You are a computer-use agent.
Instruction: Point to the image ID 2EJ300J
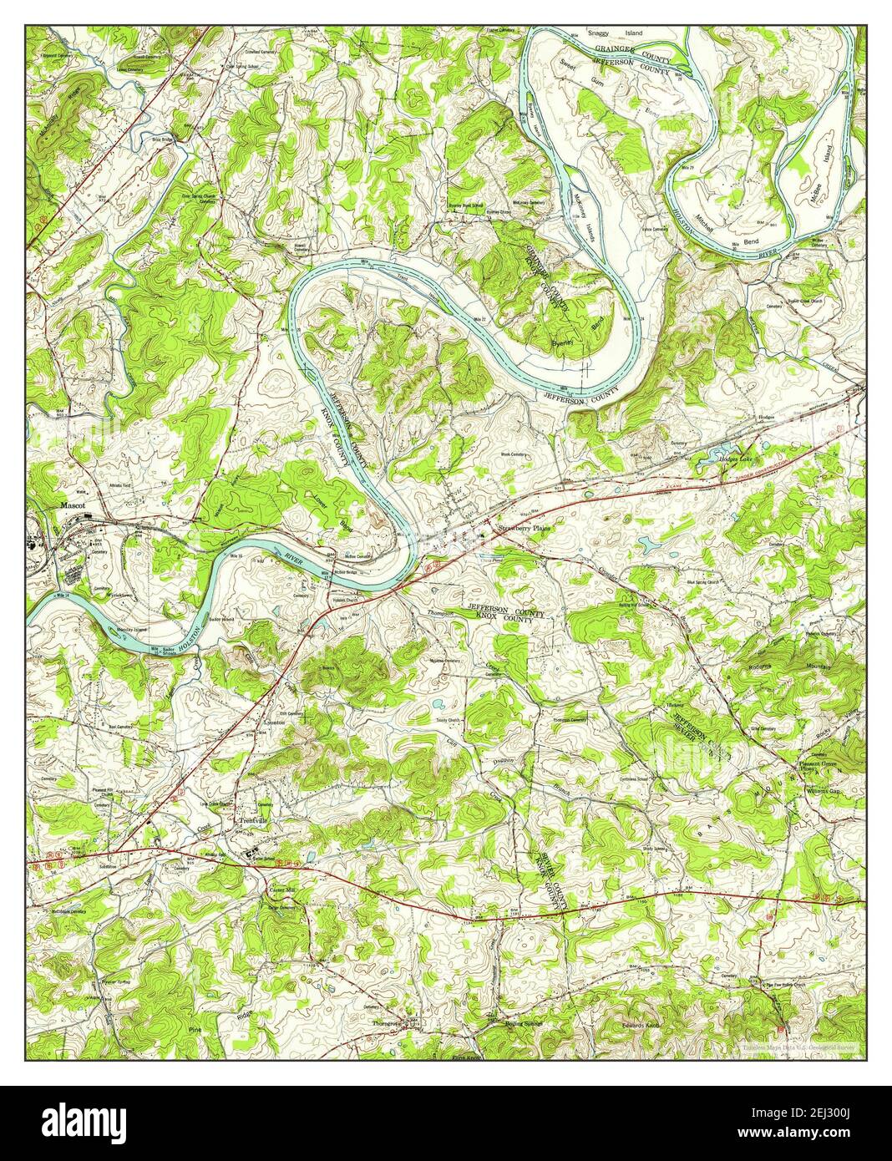click(x=825, y=1117)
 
